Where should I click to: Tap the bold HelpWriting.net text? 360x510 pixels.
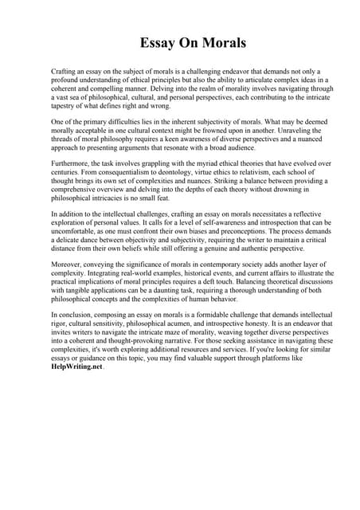tap(76, 368)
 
